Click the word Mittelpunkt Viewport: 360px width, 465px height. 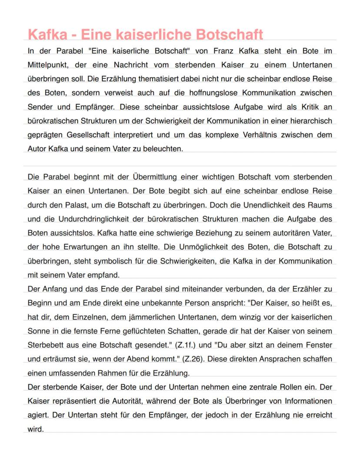pos(48,65)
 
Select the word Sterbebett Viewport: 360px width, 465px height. pos(45,345)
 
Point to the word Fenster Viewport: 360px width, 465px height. pos(320,345)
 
